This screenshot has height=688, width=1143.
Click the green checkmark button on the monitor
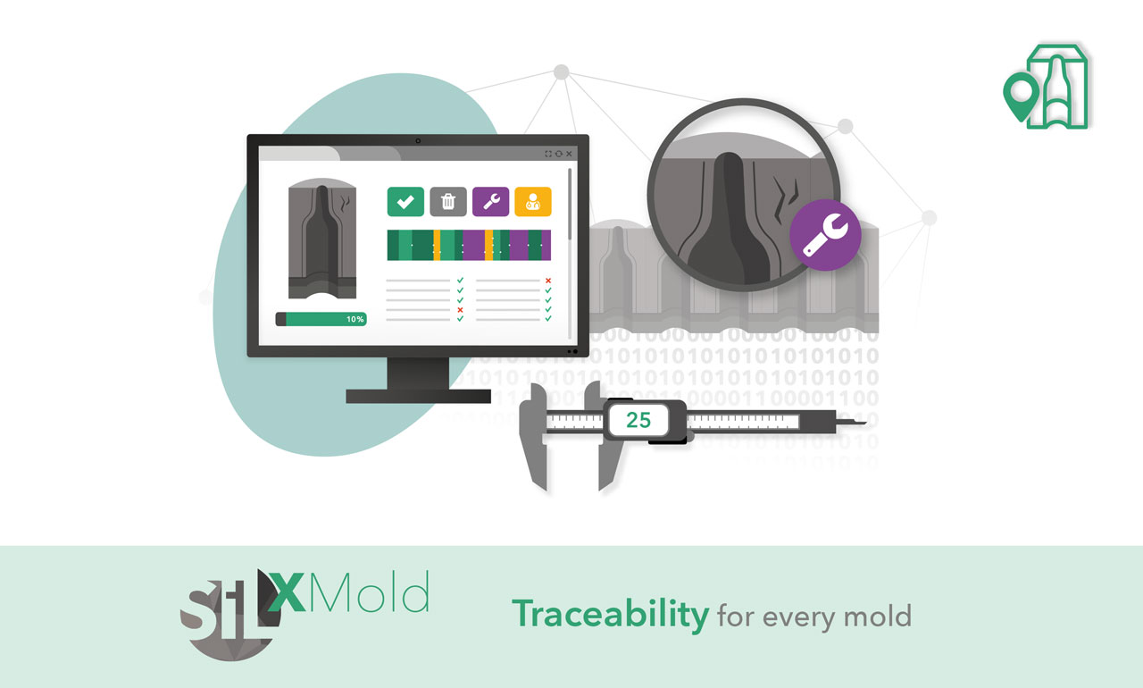coord(405,202)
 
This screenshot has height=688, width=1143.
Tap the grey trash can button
coord(448,202)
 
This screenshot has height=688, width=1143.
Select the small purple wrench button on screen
coord(490,202)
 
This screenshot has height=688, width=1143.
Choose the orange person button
coord(533,202)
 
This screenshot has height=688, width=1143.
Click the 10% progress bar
coord(321,319)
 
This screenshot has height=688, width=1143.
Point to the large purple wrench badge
coord(825,235)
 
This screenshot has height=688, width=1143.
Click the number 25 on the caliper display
coord(638,420)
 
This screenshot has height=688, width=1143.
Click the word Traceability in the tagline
coord(610,615)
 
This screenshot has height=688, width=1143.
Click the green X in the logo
coord(287,592)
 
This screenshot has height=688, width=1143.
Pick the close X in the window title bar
coord(569,154)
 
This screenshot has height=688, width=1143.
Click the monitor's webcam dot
coord(418,141)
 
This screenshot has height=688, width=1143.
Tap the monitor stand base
coord(419,396)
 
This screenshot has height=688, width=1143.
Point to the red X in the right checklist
coord(548,281)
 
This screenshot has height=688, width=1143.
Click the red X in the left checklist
coord(460,310)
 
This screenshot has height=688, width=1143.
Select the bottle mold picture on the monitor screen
coord(322,239)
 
